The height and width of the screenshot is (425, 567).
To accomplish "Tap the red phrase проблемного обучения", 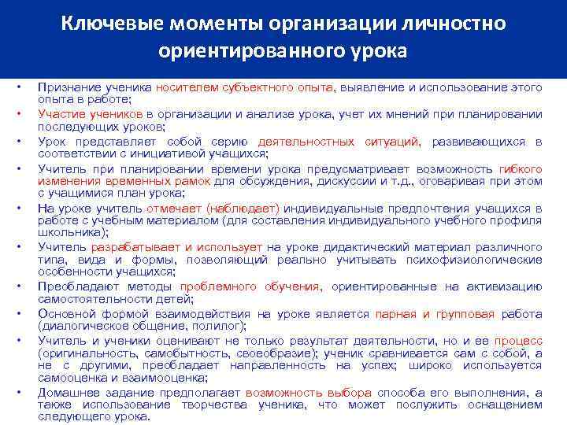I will [x=252, y=286].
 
